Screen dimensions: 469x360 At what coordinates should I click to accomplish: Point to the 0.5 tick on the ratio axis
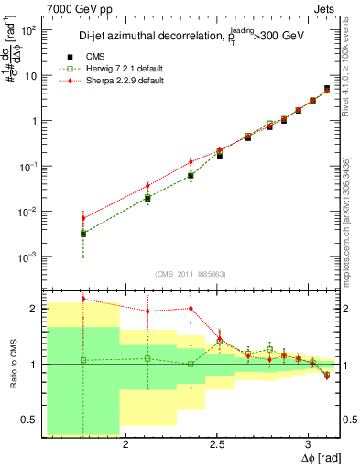pos(27,420)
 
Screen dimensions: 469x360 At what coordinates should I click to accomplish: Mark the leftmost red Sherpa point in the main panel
pos(82,218)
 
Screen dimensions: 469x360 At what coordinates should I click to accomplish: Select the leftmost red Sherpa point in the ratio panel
pos(82,299)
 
